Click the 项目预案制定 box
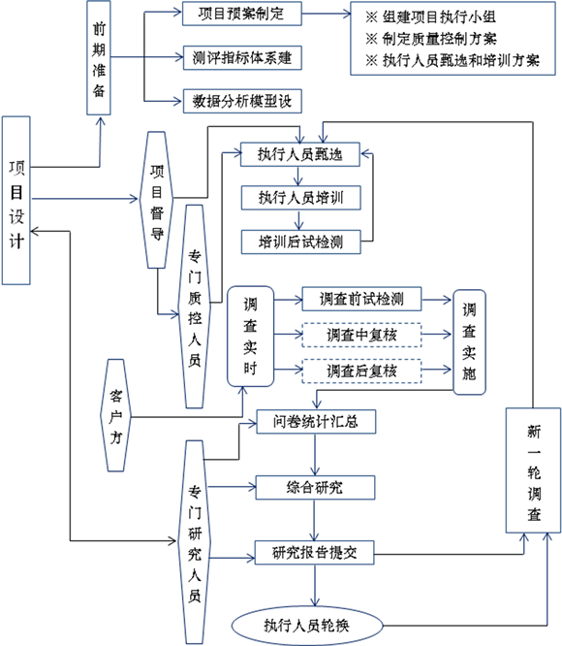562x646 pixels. click(242, 14)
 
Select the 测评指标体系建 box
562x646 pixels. click(242, 57)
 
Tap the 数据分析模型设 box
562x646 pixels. click(242, 101)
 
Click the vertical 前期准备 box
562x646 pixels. click(99, 57)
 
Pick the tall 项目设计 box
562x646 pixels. click(16, 200)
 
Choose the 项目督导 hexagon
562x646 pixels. click(157, 200)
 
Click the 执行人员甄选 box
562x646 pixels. click(300, 154)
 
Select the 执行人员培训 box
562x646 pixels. click(300, 198)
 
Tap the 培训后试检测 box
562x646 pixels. click(300, 242)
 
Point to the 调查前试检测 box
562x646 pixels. click(361, 299)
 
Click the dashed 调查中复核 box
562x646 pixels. click(361, 335)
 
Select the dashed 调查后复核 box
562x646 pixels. click(361, 371)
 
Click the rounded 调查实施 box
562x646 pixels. click(469, 342)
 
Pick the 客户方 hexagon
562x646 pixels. click(115, 415)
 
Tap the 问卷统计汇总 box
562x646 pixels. click(316, 422)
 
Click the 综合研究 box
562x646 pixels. click(315, 488)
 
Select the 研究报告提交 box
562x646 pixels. click(315, 553)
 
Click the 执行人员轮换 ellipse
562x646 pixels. click(307, 626)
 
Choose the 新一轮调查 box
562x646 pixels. click(533, 470)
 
